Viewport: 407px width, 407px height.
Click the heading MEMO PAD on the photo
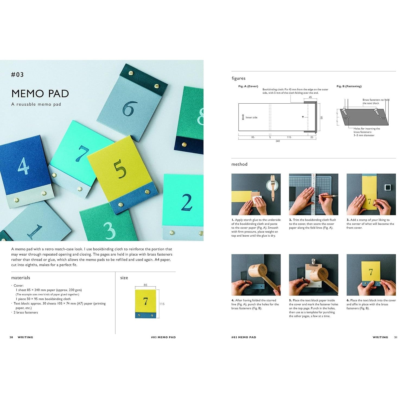pos(40,94)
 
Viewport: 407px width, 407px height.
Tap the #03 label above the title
pos(17,75)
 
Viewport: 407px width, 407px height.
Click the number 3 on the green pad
pos(110,231)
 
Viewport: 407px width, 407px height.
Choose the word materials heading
pos(21,278)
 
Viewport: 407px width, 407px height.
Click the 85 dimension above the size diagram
pos(145,285)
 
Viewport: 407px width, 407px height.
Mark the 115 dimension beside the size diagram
pos(162,304)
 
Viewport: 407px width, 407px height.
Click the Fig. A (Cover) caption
pos(248,86)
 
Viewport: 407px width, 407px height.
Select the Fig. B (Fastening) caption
pos(349,86)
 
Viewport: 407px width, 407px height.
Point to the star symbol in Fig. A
pos(303,117)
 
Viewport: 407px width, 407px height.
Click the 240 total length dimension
pos(278,141)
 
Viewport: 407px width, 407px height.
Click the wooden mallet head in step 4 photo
pos(257,270)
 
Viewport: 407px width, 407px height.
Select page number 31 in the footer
pos(396,337)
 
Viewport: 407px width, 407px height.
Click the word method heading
pos(239,164)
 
